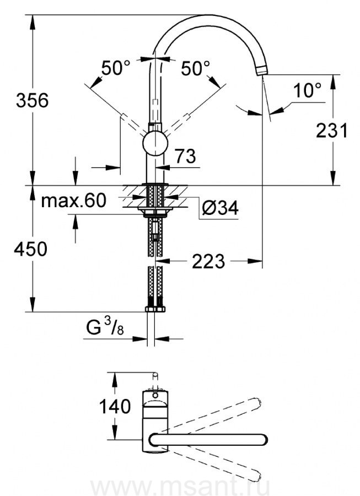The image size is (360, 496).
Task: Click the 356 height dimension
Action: [x=33, y=100]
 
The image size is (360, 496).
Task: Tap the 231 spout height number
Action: [x=332, y=130]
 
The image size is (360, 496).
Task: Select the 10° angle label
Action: [x=307, y=90]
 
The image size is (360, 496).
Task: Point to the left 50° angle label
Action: [x=115, y=68]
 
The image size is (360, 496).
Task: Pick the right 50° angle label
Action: [x=195, y=68]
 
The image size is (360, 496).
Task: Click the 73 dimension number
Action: [x=185, y=156]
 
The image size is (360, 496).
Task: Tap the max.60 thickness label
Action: [x=74, y=200]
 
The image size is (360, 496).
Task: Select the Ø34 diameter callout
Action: [x=220, y=208]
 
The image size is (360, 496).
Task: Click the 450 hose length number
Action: [x=31, y=249]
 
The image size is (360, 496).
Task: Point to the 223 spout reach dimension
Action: [x=208, y=261]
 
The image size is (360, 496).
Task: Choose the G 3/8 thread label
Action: [x=105, y=327]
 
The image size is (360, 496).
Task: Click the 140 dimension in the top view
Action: [x=115, y=406]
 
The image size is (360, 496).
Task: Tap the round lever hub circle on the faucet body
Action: [x=155, y=144]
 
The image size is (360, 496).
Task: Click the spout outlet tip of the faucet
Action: [x=262, y=71]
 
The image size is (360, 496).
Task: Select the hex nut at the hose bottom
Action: [x=155, y=309]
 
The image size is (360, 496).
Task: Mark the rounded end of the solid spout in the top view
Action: [x=263, y=440]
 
